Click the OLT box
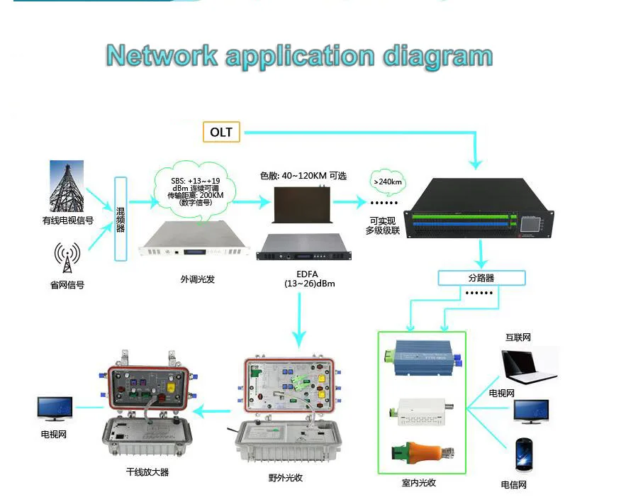pyautogui.click(x=221, y=132)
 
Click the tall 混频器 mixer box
pyautogui.click(x=121, y=214)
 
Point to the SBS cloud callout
pyautogui.click(x=191, y=191)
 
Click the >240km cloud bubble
pyautogui.click(x=388, y=182)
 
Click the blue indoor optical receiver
pyautogui.click(x=423, y=357)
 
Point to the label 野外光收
pyautogui.click(x=286, y=478)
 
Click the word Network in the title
pyautogui.click(x=163, y=55)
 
